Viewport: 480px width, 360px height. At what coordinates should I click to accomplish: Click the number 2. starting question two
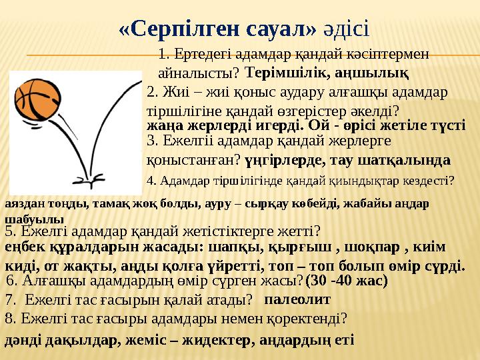tap(152, 91)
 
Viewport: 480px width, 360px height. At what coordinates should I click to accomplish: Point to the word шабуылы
tap(34, 218)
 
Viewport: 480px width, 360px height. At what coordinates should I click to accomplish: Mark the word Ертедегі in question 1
tap(198, 54)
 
